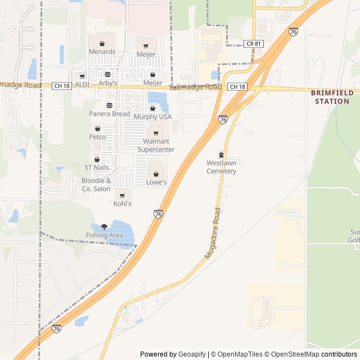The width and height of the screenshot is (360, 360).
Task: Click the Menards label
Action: coord(102,52)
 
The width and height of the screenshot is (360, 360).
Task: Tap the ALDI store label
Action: coord(82,84)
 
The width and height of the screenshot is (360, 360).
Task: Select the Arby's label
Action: coord(108,83)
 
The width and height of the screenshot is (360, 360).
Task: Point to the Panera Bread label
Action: coord(109,114)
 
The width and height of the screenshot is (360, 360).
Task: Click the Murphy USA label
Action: coord(152,116)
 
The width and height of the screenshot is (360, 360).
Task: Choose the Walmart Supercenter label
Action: coord(156,145)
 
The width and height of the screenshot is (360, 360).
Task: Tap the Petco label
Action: coord(97,137)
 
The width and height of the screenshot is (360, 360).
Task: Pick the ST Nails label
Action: coord(96,168)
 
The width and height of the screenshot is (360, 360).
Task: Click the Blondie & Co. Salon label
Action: coord(96,184)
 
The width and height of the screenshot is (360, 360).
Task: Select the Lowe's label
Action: coord(156,182)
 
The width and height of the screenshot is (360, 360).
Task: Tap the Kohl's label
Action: coord(123,204)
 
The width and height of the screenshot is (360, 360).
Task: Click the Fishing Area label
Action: coord(104,235)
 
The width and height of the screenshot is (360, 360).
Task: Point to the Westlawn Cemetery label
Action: coord(221,167)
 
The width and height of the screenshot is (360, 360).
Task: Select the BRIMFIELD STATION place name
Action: coord(332,97)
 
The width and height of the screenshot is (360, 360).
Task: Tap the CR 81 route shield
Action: coord(254,43)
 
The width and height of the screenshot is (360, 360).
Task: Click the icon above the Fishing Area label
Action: coord(104,226)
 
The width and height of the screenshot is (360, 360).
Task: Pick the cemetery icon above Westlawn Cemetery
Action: coord(221,155)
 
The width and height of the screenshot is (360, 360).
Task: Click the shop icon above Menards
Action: coord(102,43)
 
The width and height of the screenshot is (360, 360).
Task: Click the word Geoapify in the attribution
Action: coord(193,354)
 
